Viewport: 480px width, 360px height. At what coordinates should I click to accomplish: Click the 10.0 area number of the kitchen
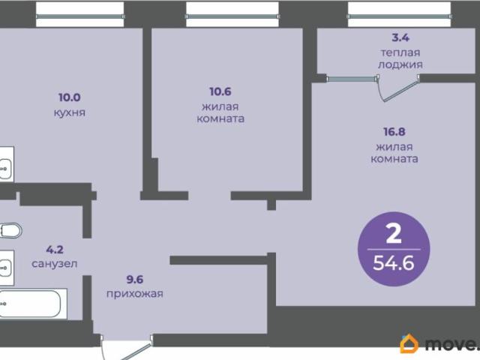point(70,97)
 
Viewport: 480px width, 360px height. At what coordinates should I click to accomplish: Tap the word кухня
point(70,112)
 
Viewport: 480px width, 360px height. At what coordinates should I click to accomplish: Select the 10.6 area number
point(220,91)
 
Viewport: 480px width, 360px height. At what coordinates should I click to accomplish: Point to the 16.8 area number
point(394,132)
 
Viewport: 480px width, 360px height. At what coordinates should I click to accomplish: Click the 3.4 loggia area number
point(400,37)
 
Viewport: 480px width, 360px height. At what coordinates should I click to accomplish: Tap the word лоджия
point(400,64)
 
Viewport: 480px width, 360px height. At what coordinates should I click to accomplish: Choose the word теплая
point(400,52)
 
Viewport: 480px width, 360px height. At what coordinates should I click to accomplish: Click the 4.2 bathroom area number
point(55,250)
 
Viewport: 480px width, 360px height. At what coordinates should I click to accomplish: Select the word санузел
point(55,263)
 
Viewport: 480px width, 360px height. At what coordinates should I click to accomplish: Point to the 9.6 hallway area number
point(135,280)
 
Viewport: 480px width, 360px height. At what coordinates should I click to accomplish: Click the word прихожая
point(135,294)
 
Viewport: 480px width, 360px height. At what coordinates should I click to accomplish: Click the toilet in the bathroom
point(10,230)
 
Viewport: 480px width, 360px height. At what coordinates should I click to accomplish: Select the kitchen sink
point(6,168)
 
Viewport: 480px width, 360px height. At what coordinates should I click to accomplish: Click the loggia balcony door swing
point(397,88)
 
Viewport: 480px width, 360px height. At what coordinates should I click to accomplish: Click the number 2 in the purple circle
point(394,233)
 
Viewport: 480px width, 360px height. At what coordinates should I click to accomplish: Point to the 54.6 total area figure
point(394,262)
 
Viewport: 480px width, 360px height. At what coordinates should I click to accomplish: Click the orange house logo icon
point(409,343)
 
